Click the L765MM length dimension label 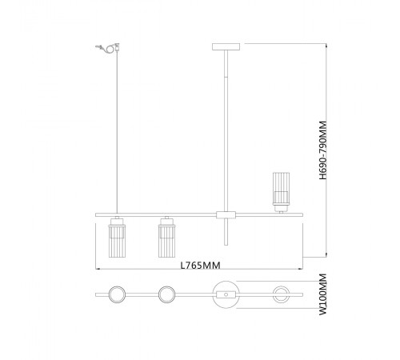click(201, 266)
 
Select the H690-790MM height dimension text click(323, 150)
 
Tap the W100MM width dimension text click(323, 294)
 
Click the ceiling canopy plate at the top click(226, 47)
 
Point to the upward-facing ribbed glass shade click(281, 192)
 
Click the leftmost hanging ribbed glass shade click(117, 241)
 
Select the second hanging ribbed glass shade click(167, 241)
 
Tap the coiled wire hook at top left click(108, 48)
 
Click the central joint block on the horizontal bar click(226, 215)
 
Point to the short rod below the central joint click(226, 232)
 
